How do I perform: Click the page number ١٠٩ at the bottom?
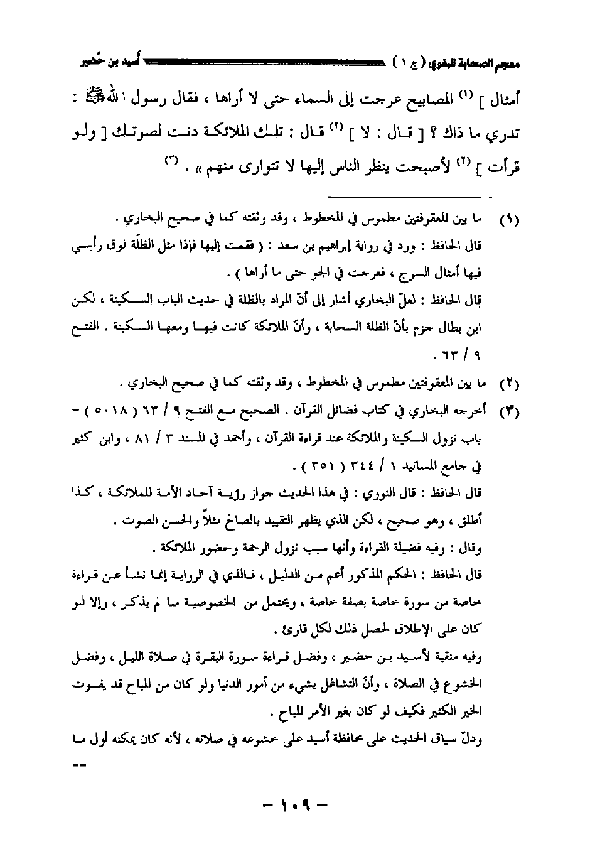pyautogui.click(x=294, y=804)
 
